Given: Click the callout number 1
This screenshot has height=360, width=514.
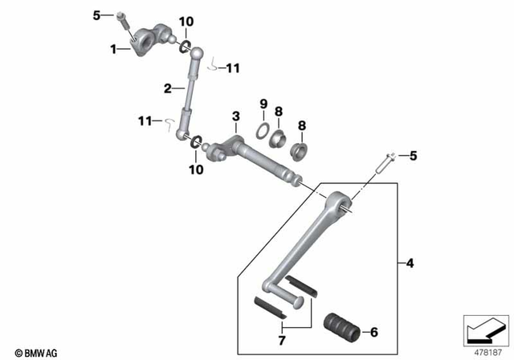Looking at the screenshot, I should pos(114,49).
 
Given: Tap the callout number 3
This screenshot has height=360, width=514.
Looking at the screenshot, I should pos(235,118).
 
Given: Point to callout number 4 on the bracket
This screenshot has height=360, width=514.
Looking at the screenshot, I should pos(410,263).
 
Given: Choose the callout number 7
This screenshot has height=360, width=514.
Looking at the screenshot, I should pos(280,341).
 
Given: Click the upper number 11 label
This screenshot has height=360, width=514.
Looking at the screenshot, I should pos(232,69).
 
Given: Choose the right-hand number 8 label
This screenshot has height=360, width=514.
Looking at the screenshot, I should pos(302,125).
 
